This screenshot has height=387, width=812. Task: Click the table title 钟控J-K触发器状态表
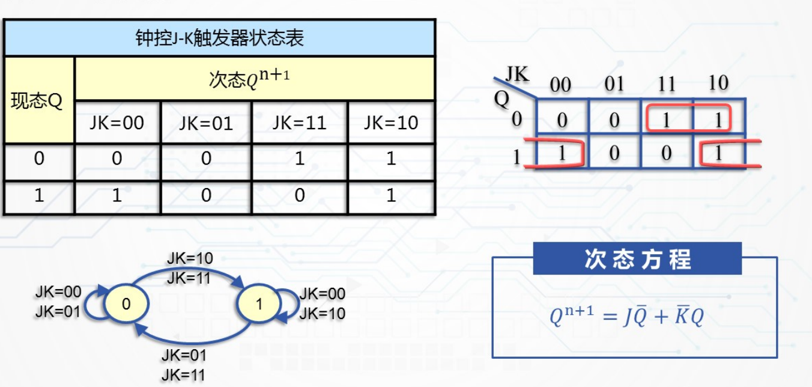[x=219, y=38]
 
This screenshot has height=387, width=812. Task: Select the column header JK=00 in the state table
[x=117, y=123]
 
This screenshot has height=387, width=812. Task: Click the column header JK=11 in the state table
[x=299, y=123]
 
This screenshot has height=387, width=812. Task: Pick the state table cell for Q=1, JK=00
[x=117, y=196]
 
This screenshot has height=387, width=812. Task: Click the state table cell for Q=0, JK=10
[x=391, y=159]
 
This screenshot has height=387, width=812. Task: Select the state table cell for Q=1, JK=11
[x=299, y=196]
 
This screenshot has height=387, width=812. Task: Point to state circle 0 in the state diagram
[x=126, y=304]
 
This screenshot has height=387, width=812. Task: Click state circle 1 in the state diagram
[x=259, y=304]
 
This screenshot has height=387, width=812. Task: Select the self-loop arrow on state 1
[x=294, y=303]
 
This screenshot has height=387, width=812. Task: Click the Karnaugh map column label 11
[x=667, y=84]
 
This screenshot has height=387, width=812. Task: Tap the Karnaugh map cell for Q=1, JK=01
[x=614, y=153]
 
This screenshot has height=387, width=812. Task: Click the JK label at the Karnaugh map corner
[x=517, y=75]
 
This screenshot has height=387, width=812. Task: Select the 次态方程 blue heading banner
[x=637, y=259]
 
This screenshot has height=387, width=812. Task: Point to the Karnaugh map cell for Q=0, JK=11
[x=666, y=118]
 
